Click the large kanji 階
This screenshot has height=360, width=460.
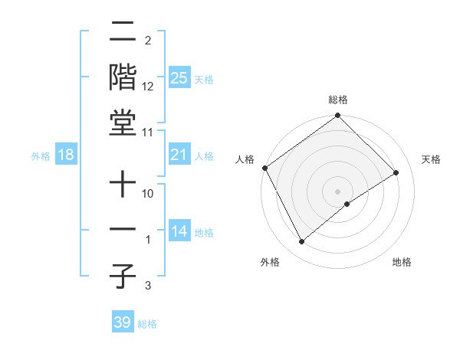pos(123,78)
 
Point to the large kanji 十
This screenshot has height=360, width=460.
pos(123,185)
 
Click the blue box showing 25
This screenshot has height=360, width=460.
pos(179,77)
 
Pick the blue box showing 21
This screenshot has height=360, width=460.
pos(179,155)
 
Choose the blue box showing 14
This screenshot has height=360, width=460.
pos(179,231)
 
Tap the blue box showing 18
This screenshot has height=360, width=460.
pos(66,155)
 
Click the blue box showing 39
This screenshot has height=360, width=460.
pos(123,322)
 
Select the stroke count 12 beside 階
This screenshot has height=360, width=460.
pos(148,87)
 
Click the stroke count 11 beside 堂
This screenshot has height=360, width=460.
pos(148,133)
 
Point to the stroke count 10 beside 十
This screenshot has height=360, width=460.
pos(148,194)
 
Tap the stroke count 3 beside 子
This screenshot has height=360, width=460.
pos(148,286)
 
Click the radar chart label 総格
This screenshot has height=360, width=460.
pos(338,100)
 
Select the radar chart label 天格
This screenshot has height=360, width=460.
pos(431,159)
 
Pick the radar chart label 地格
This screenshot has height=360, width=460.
pos(402,262)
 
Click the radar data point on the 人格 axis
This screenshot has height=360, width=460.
pos(264,168)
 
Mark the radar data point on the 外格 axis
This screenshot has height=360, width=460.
pos(302,242)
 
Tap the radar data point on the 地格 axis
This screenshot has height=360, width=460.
pos(347,204)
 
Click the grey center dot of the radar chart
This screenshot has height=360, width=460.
pos(338,191)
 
